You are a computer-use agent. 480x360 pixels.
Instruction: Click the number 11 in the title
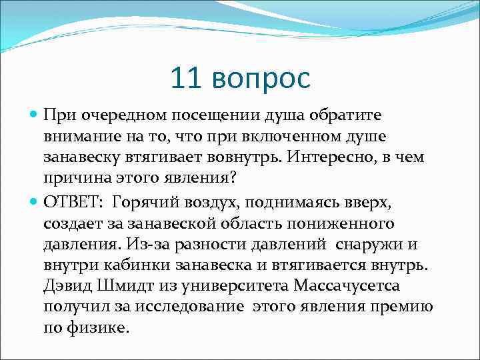tap(187, 78)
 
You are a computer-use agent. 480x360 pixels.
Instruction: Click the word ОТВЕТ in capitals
tap(71, 202)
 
